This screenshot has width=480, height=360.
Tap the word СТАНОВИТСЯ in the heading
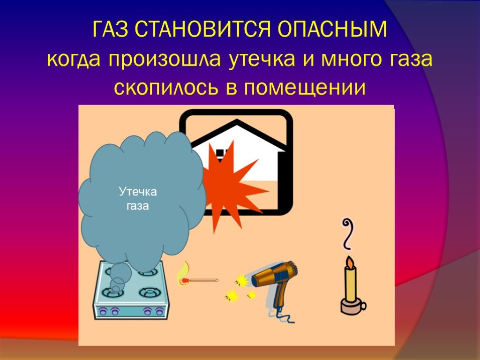click(x=203, y=30)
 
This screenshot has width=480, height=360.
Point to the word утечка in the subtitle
click(x=262, y=60)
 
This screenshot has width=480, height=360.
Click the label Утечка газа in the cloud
click(x=138, y=199)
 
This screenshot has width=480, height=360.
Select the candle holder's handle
click(x=363, y=306)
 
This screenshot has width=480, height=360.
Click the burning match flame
click(x=182, y=274)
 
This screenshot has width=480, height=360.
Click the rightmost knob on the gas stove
click(x=159, y=312)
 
